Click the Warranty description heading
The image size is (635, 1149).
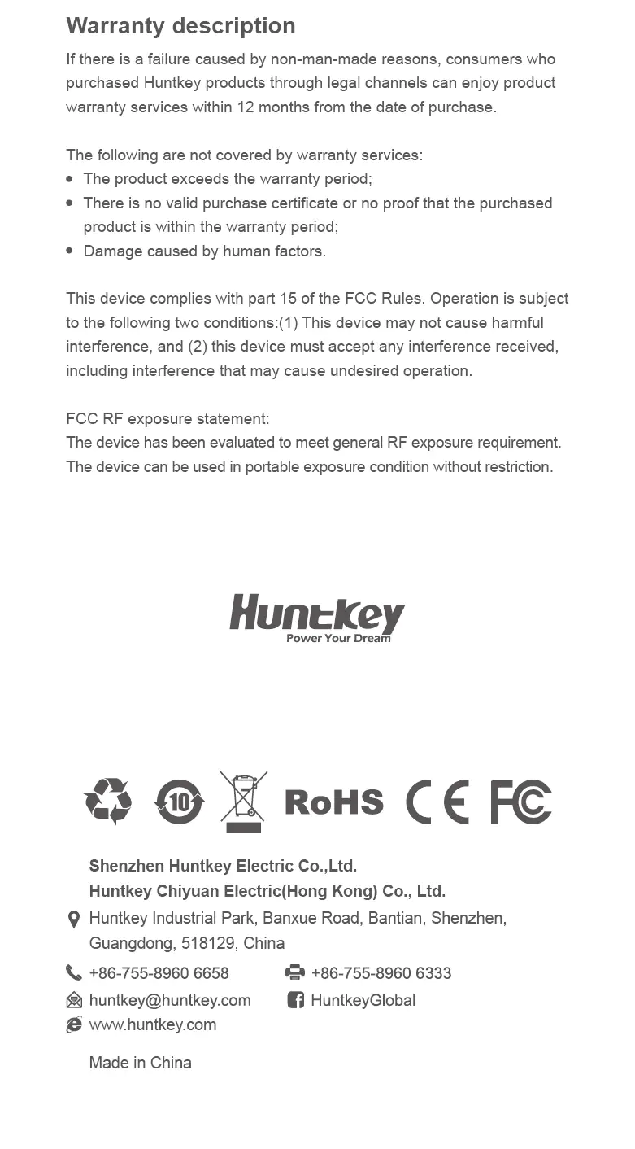click(x=180, y=26)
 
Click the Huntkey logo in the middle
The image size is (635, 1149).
click(x=316, y=614)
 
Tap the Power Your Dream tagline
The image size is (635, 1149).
click(x=338, y=639)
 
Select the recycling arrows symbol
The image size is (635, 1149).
click(x=108, y=801)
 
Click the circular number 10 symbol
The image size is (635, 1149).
click(x=179, y=802)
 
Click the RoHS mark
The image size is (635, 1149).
click(x=334, y=802)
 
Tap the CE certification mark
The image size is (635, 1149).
click(x=437, y=802)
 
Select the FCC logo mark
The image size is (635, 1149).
click(x=520, y=802)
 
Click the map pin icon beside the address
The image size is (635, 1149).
click(x=73, y=920)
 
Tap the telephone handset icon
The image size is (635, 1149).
click(x=74, y=973)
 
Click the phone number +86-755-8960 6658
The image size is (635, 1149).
click(x=159, y=974)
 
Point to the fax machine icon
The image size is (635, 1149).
click(x=295, y=973)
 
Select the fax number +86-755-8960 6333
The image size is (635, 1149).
click(x=381, y=974)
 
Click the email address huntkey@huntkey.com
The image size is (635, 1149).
click(x=169, y=1001)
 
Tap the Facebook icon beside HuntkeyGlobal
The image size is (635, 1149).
click(x=295, y=1000)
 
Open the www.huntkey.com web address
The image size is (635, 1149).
click(x=152, y=1025)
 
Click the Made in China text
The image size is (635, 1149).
click(x=140, y=1064)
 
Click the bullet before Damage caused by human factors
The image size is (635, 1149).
click(x=70, y=251)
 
